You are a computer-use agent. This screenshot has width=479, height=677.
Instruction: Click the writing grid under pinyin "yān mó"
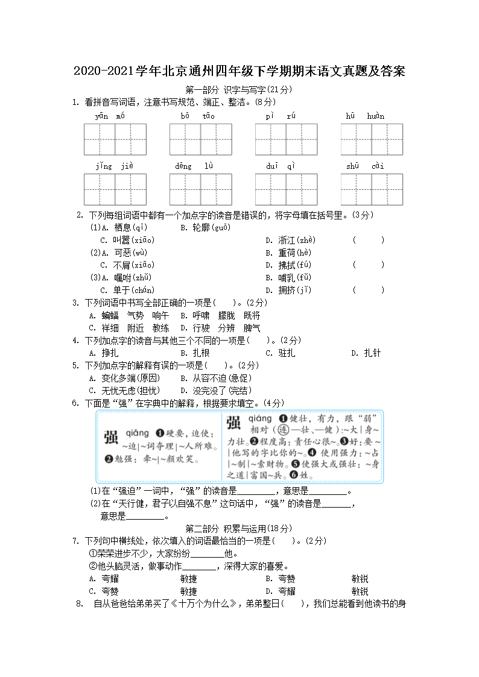[115, 139]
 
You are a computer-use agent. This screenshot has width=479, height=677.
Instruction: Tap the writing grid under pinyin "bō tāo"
[201, 139]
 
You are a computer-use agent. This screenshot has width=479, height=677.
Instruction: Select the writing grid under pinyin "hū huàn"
[371, 139]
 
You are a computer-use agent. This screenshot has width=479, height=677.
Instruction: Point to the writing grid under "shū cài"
[371, 189]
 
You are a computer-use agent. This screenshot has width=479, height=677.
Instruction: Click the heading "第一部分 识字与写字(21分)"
[239, 90]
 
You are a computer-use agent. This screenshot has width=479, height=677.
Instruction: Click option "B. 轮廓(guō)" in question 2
[206, 228]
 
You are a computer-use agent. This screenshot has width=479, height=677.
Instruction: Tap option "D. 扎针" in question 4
[366, 353]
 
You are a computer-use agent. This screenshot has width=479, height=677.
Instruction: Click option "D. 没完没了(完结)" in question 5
[216, 391]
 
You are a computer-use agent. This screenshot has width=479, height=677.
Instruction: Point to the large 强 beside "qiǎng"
[111, 437]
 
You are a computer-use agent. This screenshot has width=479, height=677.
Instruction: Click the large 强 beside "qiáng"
[234, 422]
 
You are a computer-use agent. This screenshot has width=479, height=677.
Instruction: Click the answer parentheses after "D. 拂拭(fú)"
[368, 265]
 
